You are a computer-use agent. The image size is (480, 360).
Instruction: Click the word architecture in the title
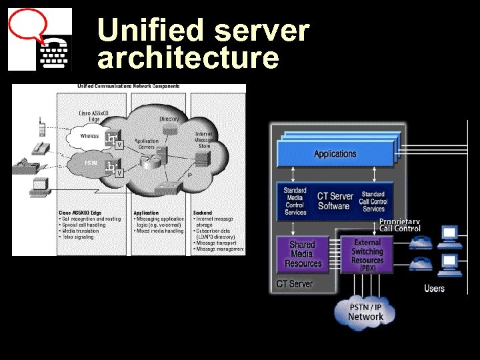tap(188, 58)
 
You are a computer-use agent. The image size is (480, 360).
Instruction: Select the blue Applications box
tap(335, 154)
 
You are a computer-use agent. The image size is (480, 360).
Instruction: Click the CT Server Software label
tap(335, 201)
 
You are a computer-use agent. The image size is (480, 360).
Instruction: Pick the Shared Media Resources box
tap(303, 254)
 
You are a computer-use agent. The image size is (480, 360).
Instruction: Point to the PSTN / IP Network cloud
tap(365, 311)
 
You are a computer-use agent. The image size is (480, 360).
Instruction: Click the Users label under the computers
tap(435, 289)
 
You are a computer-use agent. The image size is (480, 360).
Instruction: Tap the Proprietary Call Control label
tap(400, 225)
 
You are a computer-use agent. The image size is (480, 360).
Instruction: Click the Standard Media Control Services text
tap(295, 201)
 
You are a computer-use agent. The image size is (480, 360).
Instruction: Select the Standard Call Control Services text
tap(373, 201)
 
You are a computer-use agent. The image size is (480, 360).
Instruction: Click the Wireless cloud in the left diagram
tap(89, 136)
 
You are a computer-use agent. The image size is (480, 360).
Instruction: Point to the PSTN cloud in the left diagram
tap(91, 163)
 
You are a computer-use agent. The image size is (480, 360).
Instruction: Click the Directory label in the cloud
tap(169, 119)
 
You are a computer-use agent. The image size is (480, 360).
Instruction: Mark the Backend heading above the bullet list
tap(203, 213)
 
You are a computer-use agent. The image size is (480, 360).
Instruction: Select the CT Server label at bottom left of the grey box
tap(293, 284)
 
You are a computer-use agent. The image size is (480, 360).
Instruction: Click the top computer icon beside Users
tap(450, 234)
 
